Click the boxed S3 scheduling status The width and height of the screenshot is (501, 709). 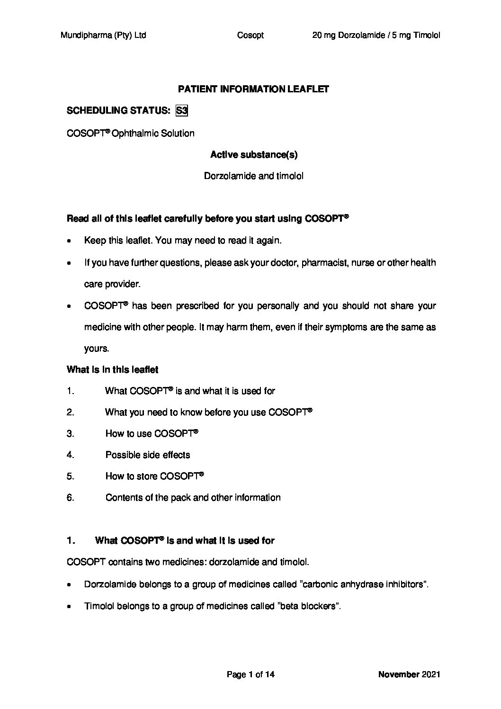point(182,111)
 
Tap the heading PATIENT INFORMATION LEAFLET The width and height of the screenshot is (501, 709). point(253,89)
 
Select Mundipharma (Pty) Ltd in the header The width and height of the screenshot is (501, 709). point(103,35)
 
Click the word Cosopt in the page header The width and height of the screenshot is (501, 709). point(250,35)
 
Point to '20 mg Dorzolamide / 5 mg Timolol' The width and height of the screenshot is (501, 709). point(376,35)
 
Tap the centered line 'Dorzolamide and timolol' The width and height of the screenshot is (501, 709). point(254,176)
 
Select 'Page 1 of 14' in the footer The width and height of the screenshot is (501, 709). point(250,674)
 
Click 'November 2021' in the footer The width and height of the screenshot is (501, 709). point(409,674)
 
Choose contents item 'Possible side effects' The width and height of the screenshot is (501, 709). point(148,455)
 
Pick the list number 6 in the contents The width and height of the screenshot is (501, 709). point(71,497)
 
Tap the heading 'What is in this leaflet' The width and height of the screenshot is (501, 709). point(113,369)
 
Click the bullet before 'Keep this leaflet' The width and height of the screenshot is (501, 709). point(70,241)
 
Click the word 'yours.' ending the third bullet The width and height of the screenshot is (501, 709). point(97,349)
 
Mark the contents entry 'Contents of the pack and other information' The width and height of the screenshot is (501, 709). point(193,497)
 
